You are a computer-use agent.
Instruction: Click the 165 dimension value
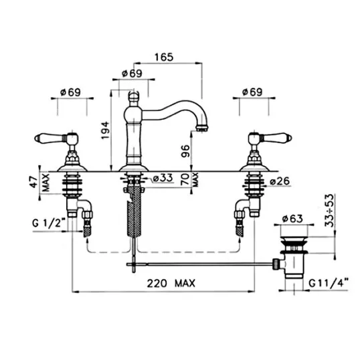[164, 57]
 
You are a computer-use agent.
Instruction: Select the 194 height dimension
[105, 130]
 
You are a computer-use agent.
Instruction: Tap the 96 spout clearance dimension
[185, 151]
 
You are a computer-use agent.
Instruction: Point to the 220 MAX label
[171, 283]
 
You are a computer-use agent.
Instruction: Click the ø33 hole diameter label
[163, 178]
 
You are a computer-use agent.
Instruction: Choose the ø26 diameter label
[280, 181]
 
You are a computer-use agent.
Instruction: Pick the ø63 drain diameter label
[292, 219]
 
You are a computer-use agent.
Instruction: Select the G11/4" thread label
[329, 283]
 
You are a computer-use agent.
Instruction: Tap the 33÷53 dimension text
[329, 211]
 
